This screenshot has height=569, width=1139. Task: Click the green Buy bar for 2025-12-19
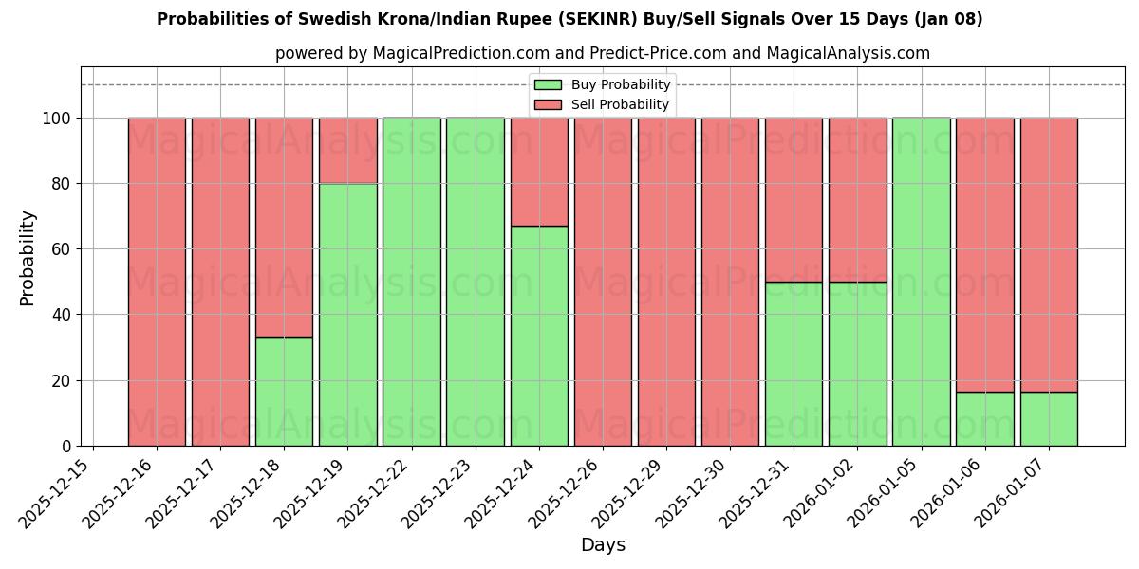click(347, 314)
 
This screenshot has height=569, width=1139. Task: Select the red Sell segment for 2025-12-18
click(284, 227)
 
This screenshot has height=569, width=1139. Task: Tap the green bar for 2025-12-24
click(539, 336)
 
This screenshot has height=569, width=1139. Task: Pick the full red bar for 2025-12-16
click(157, 282)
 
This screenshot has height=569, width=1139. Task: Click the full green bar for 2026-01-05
click(921, 282)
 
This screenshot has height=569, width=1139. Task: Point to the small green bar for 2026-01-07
click(1049, 418)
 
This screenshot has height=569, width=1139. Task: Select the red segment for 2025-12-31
click(794, 199)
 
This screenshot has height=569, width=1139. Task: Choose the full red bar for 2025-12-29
click(666, 282)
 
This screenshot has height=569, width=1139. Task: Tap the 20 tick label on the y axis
click(59, 380)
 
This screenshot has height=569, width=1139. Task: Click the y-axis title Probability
click(28, 257)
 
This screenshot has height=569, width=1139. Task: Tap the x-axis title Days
click(603, 545)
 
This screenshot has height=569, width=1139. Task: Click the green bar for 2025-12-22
click(412, 282)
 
